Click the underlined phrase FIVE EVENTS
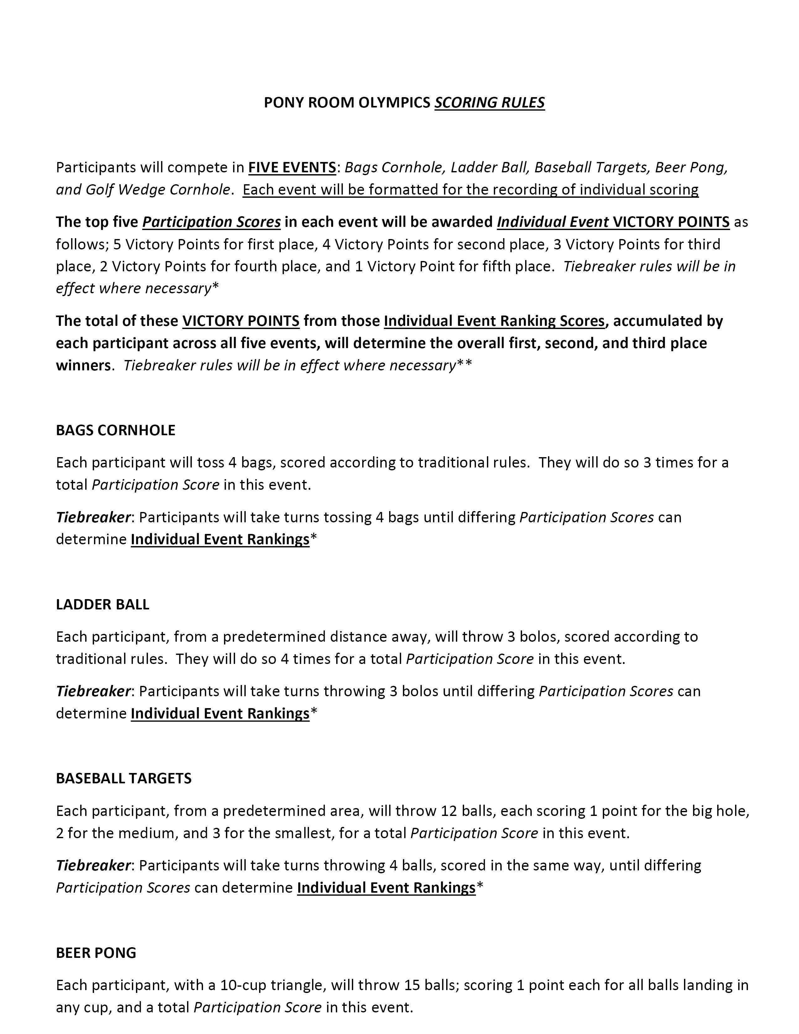point(292,168)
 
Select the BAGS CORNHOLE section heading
point(116,430)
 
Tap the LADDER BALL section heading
point(102,605)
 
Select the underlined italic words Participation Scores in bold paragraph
point(211,222)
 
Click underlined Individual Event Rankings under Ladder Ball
point(220,713)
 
